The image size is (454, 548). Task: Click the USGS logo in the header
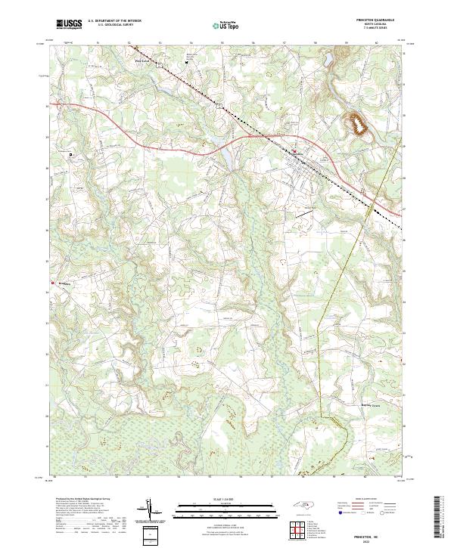69,24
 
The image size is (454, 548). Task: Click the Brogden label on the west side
61,284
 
